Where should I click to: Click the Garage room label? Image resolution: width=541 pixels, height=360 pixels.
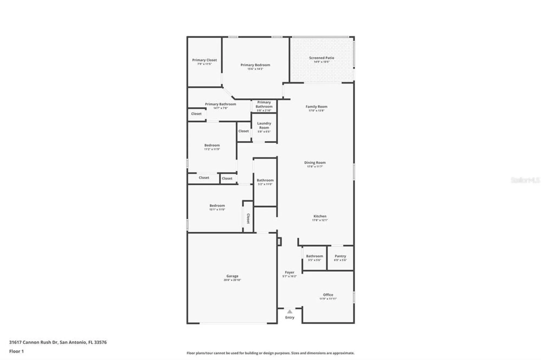point(232,276)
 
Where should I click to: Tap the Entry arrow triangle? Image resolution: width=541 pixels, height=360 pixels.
point(289,312)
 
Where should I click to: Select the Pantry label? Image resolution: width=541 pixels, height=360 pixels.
point(340,256)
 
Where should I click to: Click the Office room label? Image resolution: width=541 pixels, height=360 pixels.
point(328,295)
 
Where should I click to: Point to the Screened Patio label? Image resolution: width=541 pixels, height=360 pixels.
point(321,58)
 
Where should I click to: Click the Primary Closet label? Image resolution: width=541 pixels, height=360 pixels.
point(204,60)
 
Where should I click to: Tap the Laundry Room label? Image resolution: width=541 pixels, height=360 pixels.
point(264,125)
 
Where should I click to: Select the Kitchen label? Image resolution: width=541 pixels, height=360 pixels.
point(320,216)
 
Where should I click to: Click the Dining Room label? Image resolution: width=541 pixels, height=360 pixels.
point(315,163)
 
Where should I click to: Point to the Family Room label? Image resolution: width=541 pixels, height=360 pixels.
point(316,107)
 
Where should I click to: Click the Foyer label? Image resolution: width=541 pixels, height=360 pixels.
point(289,272)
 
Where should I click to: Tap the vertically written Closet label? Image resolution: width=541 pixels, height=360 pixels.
point(248,218)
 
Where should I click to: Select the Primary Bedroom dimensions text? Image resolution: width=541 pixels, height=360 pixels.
point(255,69)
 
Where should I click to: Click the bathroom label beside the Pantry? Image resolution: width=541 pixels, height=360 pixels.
point(314,256)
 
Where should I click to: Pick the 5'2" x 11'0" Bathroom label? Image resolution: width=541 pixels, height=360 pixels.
point(265,180)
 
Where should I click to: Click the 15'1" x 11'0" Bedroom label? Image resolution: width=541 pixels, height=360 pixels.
point(217,206)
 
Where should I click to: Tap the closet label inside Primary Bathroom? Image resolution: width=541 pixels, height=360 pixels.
point(196,114)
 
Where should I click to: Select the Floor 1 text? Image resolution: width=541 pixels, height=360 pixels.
point(17,351)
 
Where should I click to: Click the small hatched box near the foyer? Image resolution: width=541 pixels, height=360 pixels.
point(279,241)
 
